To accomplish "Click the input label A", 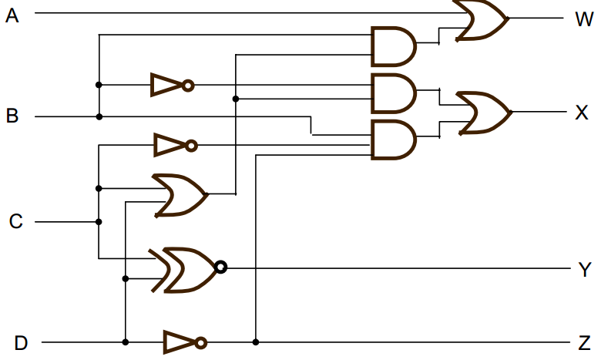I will tap(12, 15).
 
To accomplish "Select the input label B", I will tap(12, 116).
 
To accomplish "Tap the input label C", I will tap(15, 222).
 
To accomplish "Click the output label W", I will tap(583, 19).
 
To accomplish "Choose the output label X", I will tap(583, 113).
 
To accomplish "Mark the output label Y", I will tap(584, 270).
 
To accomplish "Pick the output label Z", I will tap(584, 342).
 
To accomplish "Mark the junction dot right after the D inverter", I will tap(255, 341).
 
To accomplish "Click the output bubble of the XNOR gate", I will tap(221, 267).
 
